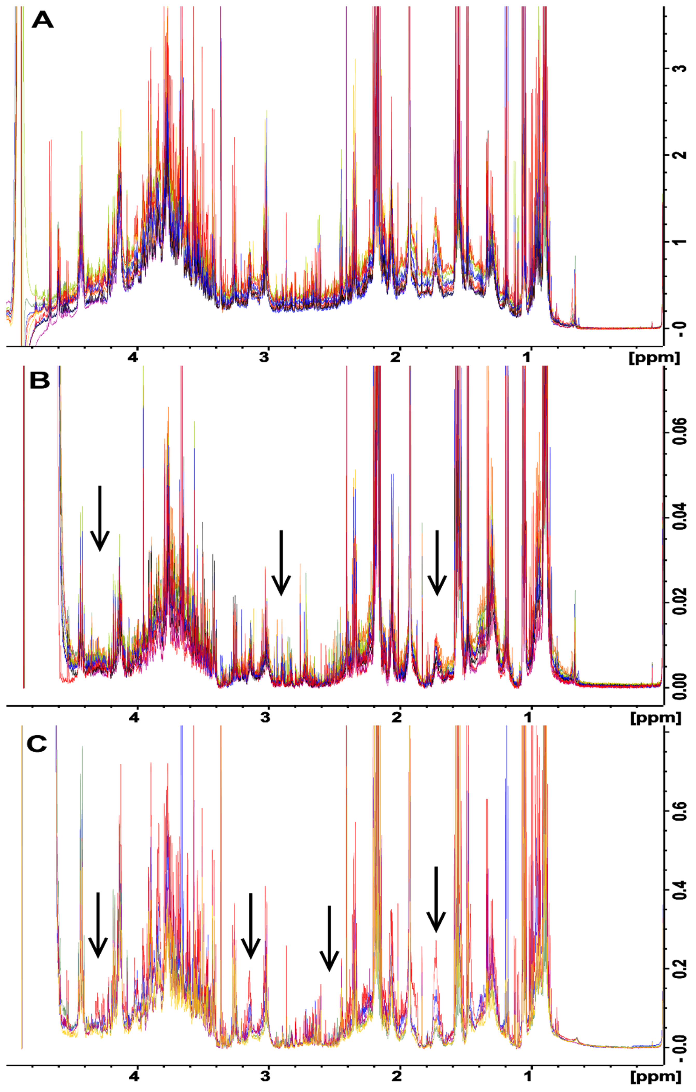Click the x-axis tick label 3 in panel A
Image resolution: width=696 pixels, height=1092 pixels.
tap(264, 357)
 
